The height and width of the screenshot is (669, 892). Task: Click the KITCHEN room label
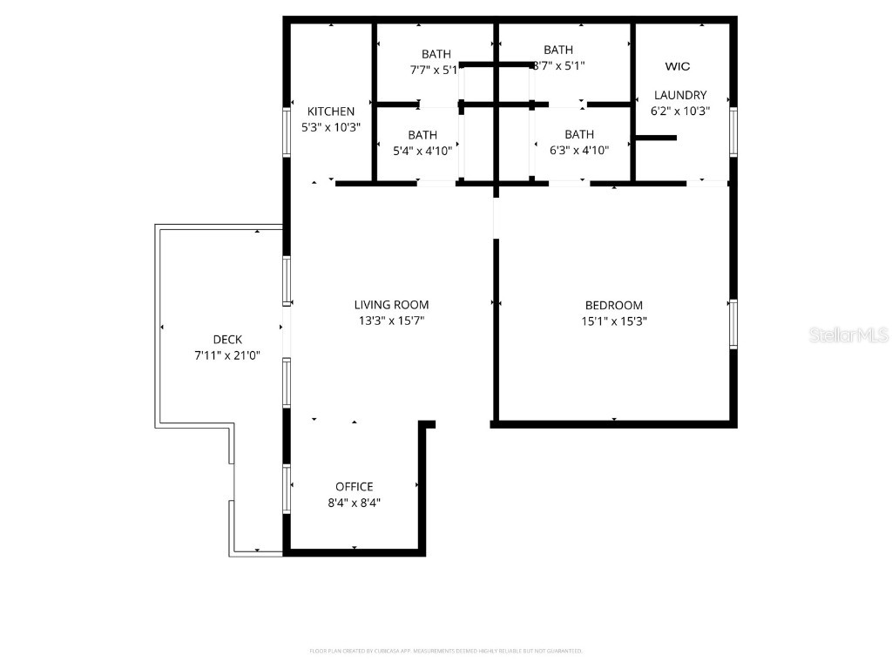click(331, 111)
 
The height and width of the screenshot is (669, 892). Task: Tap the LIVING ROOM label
click(391, 305)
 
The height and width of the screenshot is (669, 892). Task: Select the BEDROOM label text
click(613, 305)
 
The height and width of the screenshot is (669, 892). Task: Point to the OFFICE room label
click(355, 487)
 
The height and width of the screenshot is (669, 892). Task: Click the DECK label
click(227, 340)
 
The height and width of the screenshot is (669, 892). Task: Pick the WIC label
click(678, 66)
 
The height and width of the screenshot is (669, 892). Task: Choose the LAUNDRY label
click(680, 95)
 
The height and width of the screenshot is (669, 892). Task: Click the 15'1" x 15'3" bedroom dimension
click(613, 321)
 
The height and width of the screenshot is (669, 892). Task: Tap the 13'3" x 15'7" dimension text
click(391, 321)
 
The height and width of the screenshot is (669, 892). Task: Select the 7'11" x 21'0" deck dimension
click(227, 355)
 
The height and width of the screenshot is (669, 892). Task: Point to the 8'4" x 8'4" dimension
click(355, 503)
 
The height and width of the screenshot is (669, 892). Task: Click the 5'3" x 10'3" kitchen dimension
click(331, 127)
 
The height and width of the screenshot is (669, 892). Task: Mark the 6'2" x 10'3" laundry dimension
click(680, 111)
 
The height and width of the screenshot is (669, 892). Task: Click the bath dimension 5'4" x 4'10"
click(422, 150)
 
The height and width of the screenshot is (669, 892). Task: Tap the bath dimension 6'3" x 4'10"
click(579, 150)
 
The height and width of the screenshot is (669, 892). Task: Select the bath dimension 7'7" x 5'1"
click(434, 70)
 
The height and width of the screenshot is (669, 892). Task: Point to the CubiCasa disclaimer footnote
click(446, 651)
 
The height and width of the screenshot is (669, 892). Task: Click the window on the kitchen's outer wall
click(287, 132)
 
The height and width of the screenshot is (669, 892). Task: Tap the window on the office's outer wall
click(287, 488)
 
